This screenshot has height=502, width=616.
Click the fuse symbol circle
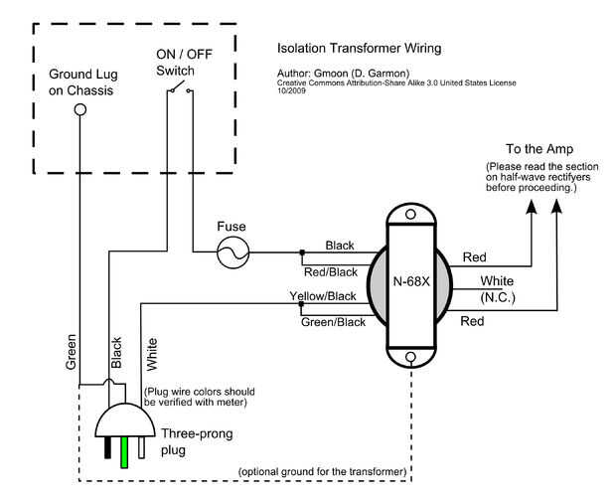[x=233, y=253]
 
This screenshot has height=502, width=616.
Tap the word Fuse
[x=231, y=227]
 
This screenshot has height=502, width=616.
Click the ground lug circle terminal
[x=80, y=111]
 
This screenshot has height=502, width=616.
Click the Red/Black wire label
[x=330, y=270]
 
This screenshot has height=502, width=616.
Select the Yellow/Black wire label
[x=323, y=296]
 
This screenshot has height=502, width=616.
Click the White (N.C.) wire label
[x=496, y=289]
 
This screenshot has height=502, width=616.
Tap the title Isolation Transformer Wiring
[x=359, y=48]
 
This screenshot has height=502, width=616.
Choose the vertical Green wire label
[x=72, y=350]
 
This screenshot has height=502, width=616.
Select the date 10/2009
[x=291, y=91]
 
